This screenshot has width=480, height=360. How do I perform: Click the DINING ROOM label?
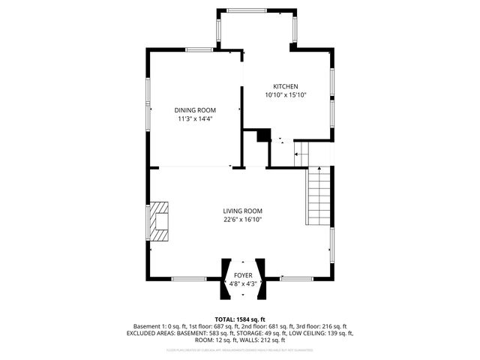coord(196,109)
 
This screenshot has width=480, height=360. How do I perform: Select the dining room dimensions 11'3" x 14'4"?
coord(196,118)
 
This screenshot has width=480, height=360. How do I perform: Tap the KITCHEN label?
coord(286,86)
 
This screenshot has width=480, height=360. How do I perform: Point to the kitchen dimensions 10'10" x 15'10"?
coord(286,95)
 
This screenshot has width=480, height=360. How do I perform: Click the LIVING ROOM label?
coord(241,211)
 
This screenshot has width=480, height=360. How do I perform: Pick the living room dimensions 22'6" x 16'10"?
coord(241,220)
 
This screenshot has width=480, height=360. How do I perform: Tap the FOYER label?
coord(244,275)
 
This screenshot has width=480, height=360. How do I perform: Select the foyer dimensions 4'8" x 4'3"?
coord(244,283)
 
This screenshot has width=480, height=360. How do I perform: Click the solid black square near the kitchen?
coord(262,135)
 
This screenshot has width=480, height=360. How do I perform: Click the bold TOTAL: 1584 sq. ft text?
coord(240,319)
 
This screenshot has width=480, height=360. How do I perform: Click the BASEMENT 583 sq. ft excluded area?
coord(205,333)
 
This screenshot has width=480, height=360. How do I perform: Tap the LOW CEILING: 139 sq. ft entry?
coord(320,333)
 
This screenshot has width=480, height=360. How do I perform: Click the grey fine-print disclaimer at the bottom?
coord(240,349)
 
